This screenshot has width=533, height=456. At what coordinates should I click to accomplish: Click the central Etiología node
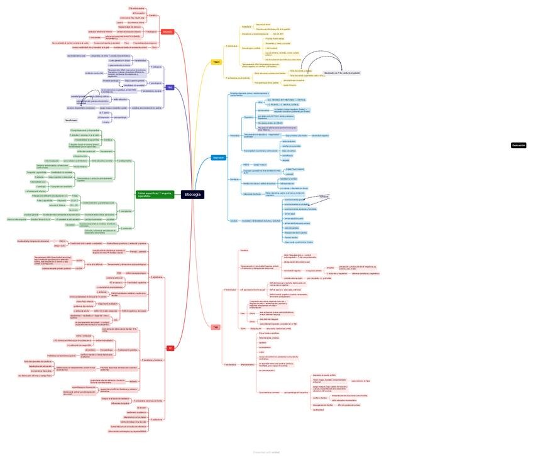coord(192,195)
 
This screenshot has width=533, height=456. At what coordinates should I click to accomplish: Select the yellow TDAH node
coord(216,62)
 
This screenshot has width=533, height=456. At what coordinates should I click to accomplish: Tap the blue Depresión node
coord(218,158)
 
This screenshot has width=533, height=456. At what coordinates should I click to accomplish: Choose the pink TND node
coord(216,327)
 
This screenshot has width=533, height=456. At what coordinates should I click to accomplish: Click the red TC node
coord(170,347)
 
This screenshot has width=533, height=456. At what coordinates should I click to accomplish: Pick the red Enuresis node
coord(167,31)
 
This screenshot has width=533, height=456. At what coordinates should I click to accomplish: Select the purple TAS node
coord(170,87)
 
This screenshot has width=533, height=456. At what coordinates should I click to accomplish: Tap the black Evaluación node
coord(519,145)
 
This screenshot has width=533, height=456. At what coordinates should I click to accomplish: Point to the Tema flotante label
coord(71,119)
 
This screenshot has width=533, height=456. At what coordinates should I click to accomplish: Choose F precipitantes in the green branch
coord(125,210)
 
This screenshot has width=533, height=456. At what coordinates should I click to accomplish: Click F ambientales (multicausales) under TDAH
coord(238,77)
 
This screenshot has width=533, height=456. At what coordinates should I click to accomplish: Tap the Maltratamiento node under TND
coord(248,364)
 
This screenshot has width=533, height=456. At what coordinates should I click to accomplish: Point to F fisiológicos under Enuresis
coord(151,31)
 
